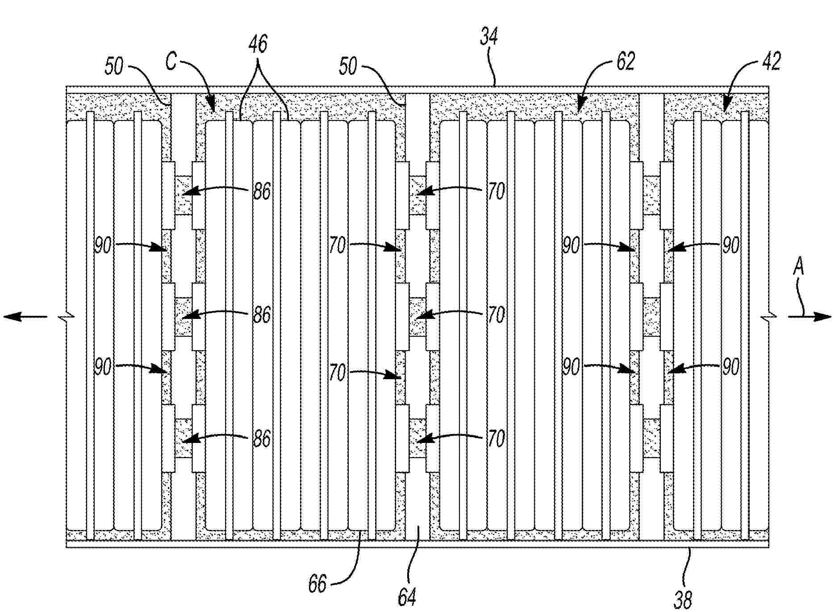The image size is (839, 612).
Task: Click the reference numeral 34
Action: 489,37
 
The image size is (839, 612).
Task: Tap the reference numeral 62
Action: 625,62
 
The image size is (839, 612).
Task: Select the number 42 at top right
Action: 771,62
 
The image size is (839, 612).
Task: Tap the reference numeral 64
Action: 407,596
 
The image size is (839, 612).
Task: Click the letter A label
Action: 798,268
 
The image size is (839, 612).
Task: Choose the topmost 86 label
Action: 262,192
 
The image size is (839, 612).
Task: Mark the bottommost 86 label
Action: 262,439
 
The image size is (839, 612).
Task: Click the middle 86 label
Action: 262,315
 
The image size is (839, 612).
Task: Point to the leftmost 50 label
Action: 114,67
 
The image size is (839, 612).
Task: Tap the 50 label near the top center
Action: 348,67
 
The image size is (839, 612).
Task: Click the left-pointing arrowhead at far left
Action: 13,317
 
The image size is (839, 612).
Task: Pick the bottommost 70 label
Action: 496,439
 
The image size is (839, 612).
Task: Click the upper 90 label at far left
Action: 103,245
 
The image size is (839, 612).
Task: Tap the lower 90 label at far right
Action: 730,368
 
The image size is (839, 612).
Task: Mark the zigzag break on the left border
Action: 66,317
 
